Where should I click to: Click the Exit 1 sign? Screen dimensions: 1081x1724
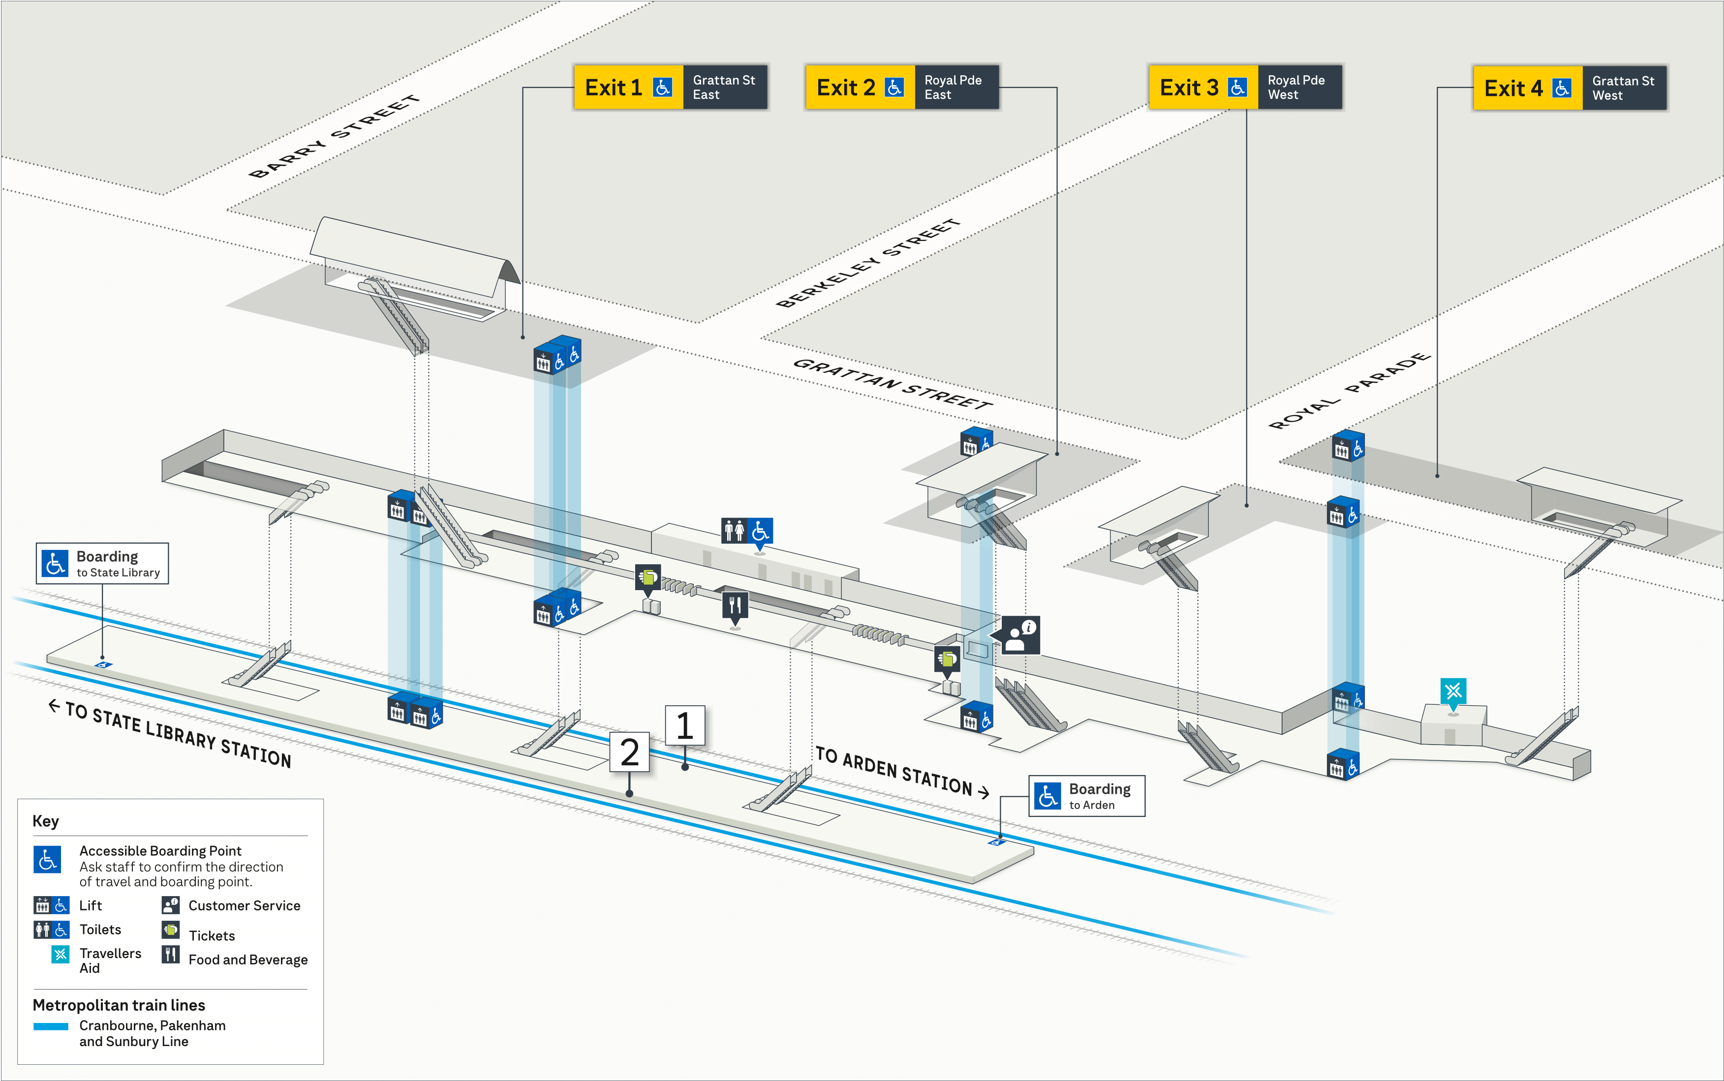(670, 87)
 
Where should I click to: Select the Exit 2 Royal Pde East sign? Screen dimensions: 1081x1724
(902, 87)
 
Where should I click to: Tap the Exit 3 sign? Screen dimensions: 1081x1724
(1245, 87)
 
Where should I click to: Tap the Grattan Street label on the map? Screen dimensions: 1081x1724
(893, 384)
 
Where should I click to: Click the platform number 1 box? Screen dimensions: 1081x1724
(684, 726)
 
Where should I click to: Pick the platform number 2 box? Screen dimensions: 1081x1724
(629, 752)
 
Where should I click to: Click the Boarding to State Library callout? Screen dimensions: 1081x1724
(102, 564)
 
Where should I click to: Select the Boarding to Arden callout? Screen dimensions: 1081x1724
(1086, 796)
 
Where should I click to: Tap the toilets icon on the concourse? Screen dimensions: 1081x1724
(746, 531)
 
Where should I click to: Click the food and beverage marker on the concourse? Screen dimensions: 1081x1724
(735, 605)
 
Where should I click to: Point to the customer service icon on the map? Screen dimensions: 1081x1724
(1020, 635)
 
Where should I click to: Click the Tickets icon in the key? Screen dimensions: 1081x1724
(170, 930)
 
